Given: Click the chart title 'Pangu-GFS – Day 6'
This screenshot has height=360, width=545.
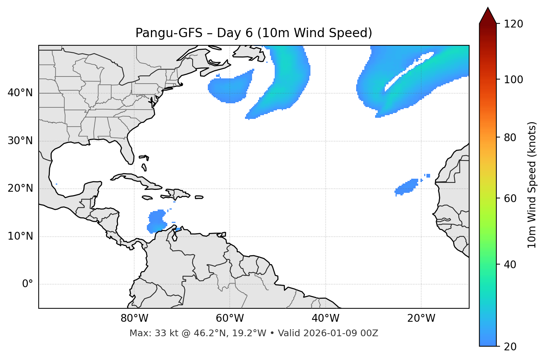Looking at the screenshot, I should [x=254, y=33].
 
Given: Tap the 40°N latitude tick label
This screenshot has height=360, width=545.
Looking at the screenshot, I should [x=20, y=93].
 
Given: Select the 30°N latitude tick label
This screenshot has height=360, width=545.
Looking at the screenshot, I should [x=20, y=141].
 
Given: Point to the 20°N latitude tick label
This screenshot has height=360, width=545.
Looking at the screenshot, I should [x=20, y=188].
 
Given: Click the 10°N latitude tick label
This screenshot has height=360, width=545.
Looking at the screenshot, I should [x=20, y=236].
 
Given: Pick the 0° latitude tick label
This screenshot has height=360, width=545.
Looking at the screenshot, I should [x=28, y=284].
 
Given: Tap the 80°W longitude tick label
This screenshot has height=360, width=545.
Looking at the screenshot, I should [x=134, y=318].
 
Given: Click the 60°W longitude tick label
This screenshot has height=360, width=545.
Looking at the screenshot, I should [x=230, y=318].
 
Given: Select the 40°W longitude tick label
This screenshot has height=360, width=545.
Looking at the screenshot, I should [x=325, y=318].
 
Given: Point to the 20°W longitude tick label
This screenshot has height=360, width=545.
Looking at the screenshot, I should [x=421, y=318].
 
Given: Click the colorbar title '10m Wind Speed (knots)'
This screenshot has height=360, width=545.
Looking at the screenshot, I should [x=532, y=185].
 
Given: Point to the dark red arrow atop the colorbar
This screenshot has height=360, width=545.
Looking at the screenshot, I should [x=488, y=16].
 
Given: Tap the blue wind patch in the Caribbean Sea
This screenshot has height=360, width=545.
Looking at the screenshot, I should [x=157, y=221].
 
